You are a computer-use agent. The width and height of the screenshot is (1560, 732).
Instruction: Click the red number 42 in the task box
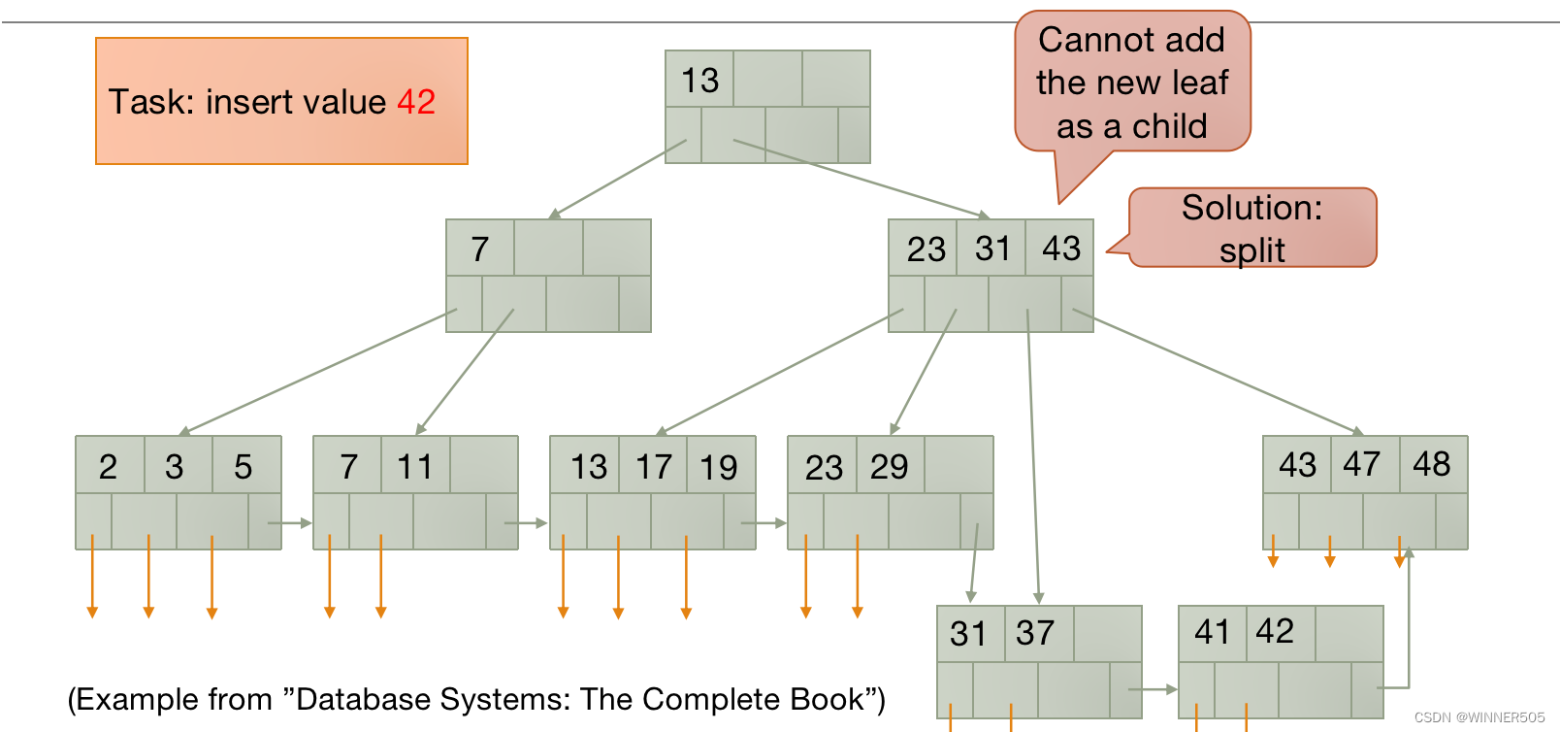click(416, 102)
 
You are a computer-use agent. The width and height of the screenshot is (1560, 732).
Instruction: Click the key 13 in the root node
click(699, 80)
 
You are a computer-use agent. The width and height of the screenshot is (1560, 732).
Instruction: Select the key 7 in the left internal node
click(479, 250)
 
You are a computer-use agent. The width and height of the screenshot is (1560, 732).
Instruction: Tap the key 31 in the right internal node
click(992, 249)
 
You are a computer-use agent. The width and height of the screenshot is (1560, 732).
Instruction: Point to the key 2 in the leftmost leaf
click(108, 467)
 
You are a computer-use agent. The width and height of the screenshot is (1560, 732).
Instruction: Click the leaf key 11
click(414, 467)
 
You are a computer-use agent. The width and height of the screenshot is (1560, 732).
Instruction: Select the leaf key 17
click(654, 467)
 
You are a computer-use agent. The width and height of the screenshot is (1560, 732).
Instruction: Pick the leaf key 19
click(719, 467)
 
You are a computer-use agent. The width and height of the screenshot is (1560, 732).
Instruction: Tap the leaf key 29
click(889, 467)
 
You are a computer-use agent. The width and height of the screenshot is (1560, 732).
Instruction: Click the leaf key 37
click(1034, 633)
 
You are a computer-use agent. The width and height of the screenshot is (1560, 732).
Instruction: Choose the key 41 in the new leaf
click(1212, 632)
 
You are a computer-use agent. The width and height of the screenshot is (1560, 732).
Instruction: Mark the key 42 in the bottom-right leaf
click(1275, 631)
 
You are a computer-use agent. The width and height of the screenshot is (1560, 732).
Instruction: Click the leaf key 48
click(1431, 464)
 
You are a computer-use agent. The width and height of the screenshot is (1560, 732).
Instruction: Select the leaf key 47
click(1361, 464)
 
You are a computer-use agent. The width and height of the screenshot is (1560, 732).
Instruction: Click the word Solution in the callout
click(1251, 208)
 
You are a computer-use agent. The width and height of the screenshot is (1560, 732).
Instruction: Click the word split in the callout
click(1251, 250)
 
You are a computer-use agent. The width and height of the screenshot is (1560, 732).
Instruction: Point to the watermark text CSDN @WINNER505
click(1479, 717)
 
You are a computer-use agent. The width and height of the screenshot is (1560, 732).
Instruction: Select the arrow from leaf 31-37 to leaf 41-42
click(1154, 689)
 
